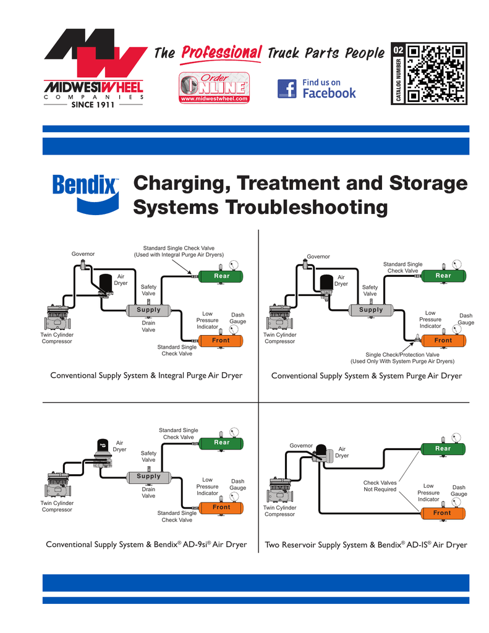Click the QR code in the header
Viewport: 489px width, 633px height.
click(436, 74)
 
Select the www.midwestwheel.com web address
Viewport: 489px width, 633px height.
click(213, 99)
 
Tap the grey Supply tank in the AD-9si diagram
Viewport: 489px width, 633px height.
click(148, 477)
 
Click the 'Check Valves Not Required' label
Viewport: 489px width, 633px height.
click(380, 486)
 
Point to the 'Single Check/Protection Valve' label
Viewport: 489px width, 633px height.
click(402, 358)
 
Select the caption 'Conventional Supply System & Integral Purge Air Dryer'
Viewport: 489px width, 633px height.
click(146, 375)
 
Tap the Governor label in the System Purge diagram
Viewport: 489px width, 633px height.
click(318, 257)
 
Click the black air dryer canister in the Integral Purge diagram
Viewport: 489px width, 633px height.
click(108, 283)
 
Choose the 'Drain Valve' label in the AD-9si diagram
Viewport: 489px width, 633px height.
click(148, 493)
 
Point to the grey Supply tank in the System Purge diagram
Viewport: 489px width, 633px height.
click(371, 310)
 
